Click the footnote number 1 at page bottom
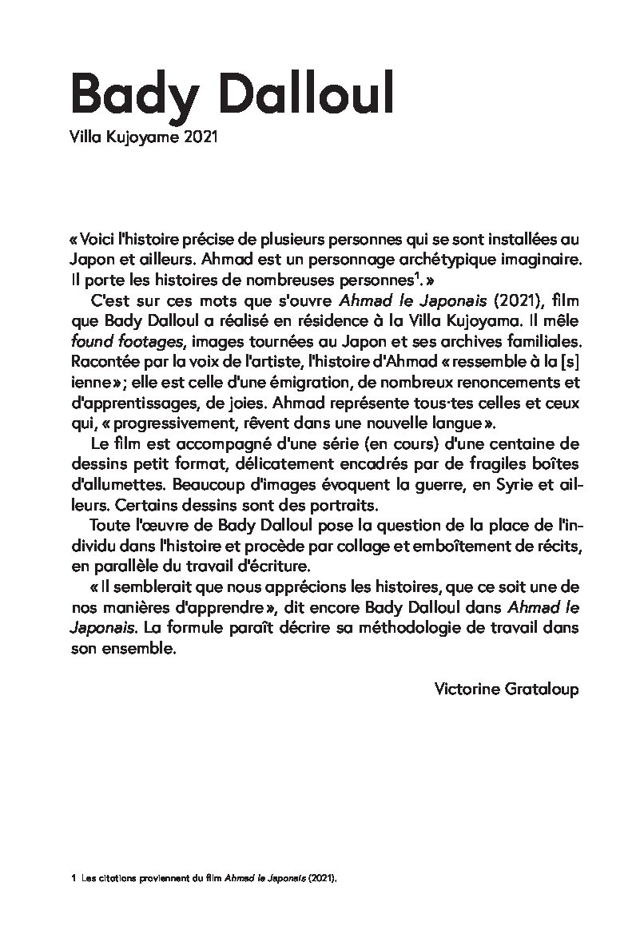point(73,877)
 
